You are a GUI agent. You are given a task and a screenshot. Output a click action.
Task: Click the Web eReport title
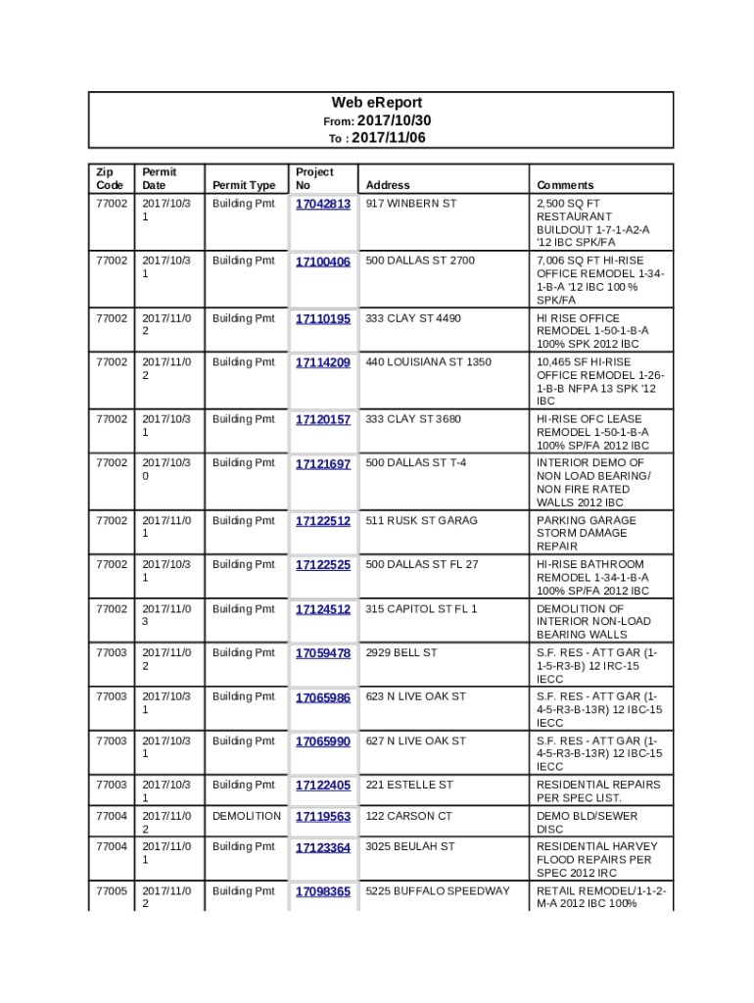click(x=377, y=103)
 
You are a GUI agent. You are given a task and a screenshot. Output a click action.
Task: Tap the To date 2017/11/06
click(x=388, y=138)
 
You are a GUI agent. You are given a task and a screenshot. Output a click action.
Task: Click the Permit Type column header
click(x=244, y=185)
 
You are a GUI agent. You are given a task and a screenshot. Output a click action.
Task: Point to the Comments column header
click(x=565, y=185)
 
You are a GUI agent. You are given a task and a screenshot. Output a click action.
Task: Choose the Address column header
click(x=388, y=185)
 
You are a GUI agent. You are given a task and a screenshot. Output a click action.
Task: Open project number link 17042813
click(x=322, y=205)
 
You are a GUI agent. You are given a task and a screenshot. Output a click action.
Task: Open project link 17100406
click(x=322, y=262)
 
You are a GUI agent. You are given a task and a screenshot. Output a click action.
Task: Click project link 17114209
click(x=322, y=363)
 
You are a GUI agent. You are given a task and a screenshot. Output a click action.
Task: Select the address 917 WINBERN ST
click(x=411, y=204)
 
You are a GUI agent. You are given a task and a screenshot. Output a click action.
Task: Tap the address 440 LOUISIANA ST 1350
click(x=428, y=362)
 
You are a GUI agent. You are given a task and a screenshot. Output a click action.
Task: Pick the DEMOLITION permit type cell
click(x=246, y=816)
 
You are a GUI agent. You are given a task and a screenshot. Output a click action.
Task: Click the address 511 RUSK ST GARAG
click(x=421, y=521)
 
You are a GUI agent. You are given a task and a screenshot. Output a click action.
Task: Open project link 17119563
click(x=322, y=817)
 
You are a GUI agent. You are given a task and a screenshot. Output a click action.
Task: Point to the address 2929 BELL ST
click(x=401, y=652)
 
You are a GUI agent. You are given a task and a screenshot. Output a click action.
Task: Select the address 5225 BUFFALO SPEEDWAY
click(x=438, y=891)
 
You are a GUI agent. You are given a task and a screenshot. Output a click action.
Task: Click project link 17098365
click(x=322, y=892)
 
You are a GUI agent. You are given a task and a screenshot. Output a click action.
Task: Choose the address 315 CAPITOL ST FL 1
click(x=421, y=609)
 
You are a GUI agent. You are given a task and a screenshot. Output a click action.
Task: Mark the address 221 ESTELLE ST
click(x=409, y=785)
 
